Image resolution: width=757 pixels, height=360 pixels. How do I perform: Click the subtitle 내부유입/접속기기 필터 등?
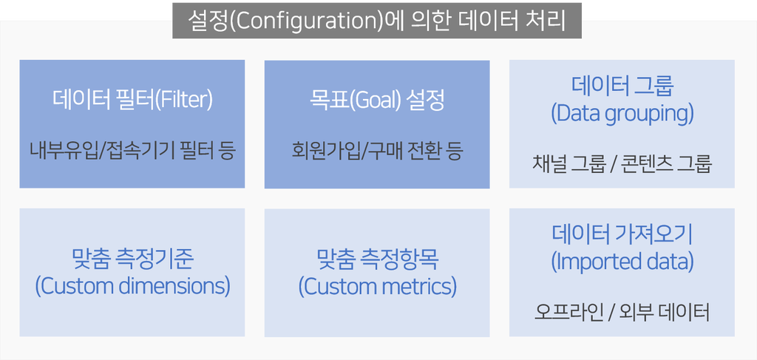(132, 152)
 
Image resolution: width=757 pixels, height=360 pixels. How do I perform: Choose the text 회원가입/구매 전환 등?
(377, 152)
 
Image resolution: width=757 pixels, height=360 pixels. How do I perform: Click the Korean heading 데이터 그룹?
(622, 86)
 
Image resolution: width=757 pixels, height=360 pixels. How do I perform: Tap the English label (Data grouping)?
(622, 114)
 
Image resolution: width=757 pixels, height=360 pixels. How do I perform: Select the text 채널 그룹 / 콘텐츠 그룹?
(622, 165)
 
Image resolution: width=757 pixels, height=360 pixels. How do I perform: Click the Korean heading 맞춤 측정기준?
(132, 261)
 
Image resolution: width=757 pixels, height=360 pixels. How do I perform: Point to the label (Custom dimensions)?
(132, 287)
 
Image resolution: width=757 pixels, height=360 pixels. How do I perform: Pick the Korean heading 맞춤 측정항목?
(377, 261)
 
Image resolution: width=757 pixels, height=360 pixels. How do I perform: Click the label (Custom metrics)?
(377, 287)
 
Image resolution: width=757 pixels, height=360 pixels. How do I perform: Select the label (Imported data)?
(622, 262)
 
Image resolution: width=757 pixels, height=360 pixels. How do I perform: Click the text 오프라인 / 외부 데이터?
(622, 313)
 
